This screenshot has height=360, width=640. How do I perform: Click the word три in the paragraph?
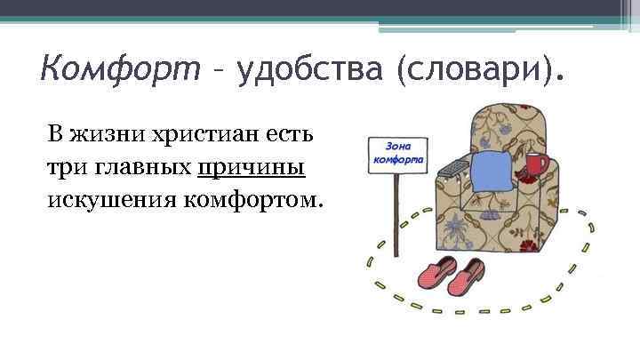(x=64, y=166)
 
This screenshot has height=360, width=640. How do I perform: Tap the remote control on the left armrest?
(x=455, y=166)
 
